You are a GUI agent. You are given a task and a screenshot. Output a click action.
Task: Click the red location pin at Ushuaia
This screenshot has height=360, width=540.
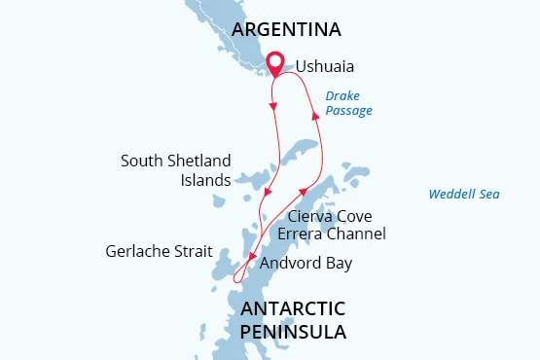click(x=275, y=63)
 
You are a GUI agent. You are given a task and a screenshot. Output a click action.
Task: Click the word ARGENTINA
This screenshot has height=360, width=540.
click(x=286, y=30)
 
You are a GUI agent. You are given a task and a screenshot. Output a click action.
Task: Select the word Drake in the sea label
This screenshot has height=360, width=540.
click(x=343, y=95)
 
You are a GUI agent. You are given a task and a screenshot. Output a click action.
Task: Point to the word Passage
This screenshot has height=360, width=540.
click(x=348, y=111)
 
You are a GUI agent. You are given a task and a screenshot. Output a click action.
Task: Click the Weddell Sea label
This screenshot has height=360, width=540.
click(x=464, y=195)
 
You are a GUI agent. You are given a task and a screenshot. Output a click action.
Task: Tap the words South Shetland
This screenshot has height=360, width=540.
click(x=176, y=161)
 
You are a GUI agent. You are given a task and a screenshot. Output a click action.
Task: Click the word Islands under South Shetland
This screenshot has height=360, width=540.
click(x=205, y=180)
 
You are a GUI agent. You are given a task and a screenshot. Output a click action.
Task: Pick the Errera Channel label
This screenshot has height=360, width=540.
click(x=332, y=234)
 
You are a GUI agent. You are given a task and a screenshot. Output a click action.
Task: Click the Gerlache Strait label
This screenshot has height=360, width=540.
click(x=159, y=251)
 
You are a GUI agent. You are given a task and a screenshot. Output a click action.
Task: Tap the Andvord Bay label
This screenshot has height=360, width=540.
click(x=305, y=264)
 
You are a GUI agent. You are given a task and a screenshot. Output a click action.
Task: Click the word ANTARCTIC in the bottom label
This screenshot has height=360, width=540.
click(x=293, y=308)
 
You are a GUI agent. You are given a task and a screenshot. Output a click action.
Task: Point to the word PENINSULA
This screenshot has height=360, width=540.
click(x=292, y=332)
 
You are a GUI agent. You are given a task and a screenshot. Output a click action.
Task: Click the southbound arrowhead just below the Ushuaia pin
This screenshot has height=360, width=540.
click(x=273, y=105)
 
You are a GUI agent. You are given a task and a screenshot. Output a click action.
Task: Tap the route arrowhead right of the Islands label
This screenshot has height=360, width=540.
click(x=266, y=191)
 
